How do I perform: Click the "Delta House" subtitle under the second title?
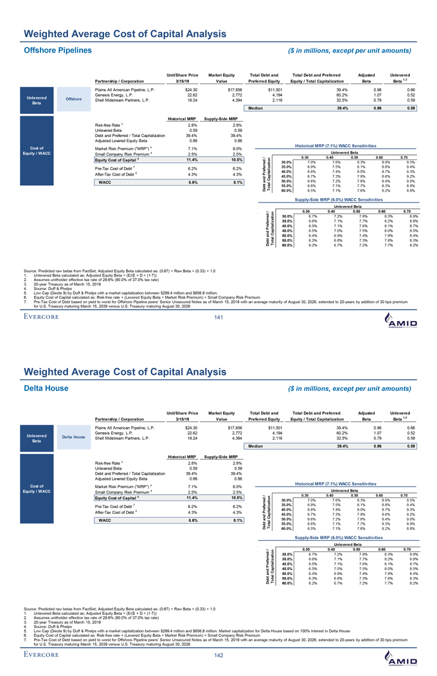pyautogui.click(x=46, y=388)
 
